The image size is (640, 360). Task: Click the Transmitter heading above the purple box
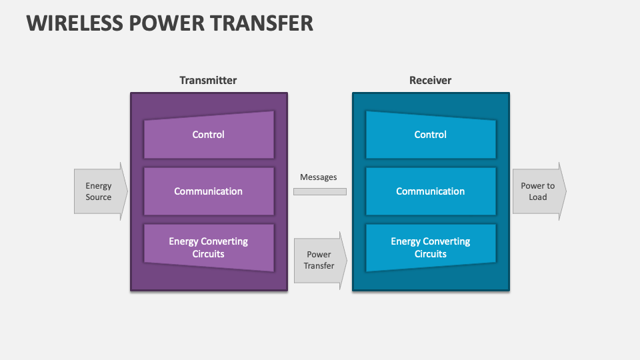208,80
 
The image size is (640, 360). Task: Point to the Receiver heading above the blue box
430,80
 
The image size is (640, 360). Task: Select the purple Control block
209,135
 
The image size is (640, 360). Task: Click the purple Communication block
209,191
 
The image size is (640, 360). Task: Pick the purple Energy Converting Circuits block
209,247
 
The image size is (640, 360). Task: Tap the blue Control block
431,135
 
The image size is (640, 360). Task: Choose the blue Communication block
431,191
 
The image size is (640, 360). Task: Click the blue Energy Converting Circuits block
431,247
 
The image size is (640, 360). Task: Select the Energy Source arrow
99,191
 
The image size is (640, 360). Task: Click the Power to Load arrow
539,191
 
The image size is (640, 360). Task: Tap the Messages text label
319,177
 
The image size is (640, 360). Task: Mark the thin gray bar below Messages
320,191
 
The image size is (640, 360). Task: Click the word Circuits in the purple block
209,254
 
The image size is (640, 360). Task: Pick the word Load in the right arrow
538,197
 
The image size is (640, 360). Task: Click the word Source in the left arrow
99,197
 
